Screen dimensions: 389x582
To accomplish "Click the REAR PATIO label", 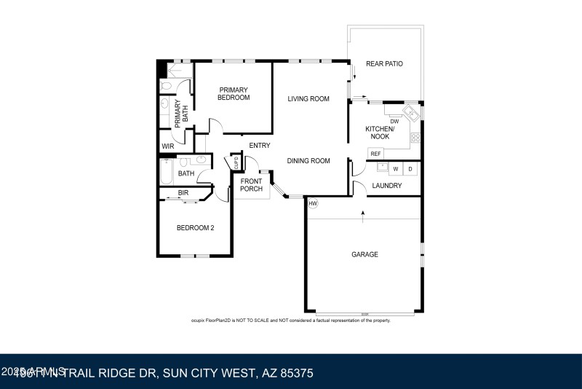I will pos(384,64).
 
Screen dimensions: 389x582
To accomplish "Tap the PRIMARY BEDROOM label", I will pos(234,94).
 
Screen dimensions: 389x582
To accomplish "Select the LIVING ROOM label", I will pos(308,99).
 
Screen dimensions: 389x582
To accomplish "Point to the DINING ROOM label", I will pos(308,161).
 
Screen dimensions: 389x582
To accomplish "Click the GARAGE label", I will pos(364,254).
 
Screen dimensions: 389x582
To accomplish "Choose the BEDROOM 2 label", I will pos(195,227).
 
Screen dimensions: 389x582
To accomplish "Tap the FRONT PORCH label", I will pos(251,185).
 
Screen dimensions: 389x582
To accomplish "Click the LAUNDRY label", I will pos(387,186).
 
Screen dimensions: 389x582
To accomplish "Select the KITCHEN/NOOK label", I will pos(380,133).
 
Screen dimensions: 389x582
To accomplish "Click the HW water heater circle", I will pos(313,203).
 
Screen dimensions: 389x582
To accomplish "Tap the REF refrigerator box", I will pos(375,154).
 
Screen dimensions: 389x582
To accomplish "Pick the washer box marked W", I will pos(396,169).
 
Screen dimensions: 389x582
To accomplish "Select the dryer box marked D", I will pos(410,169).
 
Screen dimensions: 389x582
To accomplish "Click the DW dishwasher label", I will pos(394,121).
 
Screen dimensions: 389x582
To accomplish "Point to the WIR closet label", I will pos(168,146).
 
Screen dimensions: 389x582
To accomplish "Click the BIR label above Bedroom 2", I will pos(183,192).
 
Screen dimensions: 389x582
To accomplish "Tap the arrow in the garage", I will pos(362,213).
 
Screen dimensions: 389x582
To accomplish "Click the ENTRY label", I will pos(260,146).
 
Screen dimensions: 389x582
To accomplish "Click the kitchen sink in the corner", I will pos(410,112).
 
